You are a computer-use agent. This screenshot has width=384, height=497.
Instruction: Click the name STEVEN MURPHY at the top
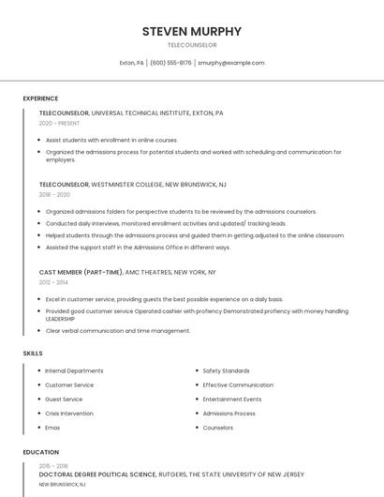191,31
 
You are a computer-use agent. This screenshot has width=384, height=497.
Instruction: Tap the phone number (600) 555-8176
170,63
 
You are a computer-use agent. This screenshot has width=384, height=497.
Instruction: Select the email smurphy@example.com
230,63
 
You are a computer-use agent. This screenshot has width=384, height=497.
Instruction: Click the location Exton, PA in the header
131,63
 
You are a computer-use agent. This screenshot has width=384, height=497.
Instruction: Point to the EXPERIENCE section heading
40,98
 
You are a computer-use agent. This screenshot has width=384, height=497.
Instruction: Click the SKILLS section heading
33,353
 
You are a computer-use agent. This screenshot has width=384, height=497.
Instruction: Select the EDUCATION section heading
40,452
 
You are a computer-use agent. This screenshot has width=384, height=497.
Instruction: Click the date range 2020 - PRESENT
59,123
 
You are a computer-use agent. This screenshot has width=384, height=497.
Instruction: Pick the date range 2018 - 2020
54,195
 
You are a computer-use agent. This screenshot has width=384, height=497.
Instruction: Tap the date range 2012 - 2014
54,281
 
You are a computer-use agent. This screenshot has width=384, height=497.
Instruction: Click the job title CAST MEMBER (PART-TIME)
81,272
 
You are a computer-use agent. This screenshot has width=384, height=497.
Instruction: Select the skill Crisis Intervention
69,414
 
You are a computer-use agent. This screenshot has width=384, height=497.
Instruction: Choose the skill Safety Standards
226,370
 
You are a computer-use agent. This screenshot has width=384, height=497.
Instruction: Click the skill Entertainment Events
232,399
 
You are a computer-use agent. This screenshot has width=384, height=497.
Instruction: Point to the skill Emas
53,428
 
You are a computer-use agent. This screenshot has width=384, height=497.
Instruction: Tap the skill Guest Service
64,399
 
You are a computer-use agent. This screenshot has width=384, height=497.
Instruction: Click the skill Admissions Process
229,414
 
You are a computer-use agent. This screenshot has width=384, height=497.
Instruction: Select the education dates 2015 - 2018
53,466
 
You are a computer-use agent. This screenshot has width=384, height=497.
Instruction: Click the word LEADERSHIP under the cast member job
61,319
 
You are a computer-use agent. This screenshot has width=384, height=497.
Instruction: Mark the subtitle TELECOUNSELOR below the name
191,45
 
